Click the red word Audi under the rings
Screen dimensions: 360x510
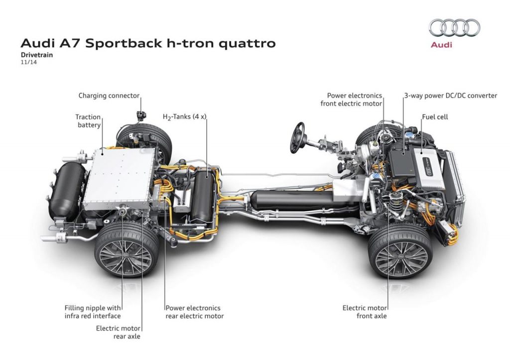[441, 45]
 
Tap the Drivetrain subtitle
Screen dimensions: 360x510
[37, 55]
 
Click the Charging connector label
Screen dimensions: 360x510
[109, 96]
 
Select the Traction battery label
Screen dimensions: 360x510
[88, 121]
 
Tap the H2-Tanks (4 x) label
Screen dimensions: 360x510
[184, 117]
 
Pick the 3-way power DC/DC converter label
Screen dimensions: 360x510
[450, 96]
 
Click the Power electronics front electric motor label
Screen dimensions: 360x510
[354, 100]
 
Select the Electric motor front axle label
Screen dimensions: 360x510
[365, 312]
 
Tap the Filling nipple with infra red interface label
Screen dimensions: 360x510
[93, 312]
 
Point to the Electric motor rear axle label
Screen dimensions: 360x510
[118, 332]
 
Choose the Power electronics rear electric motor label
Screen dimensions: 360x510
[194, 312]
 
